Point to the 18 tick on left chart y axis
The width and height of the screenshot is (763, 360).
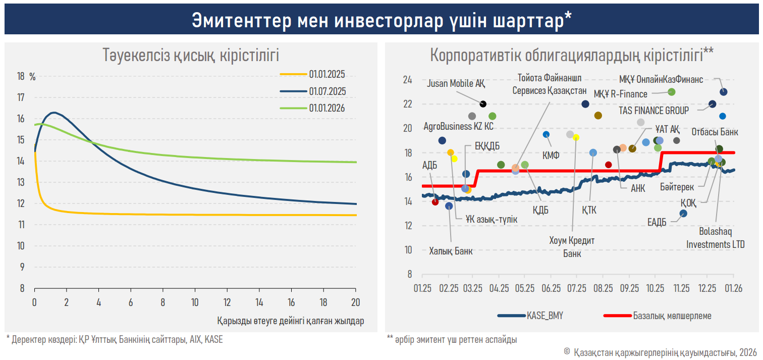[x=21, y=77]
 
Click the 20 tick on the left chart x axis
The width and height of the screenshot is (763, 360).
[x=356, y=303]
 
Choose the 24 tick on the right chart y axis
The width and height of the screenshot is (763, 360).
[x=407, y=80]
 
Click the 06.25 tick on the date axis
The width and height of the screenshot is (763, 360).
[x=551, y=288]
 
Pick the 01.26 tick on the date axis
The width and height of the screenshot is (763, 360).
[x=733, y=288]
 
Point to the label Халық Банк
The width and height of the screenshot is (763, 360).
[x=451, y=250]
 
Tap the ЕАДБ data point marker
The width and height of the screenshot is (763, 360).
[x=683, y=214]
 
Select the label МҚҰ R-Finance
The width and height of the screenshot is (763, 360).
[x=620, y=94]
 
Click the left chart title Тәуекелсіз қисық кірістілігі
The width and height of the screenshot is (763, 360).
[x=191, y=55]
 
